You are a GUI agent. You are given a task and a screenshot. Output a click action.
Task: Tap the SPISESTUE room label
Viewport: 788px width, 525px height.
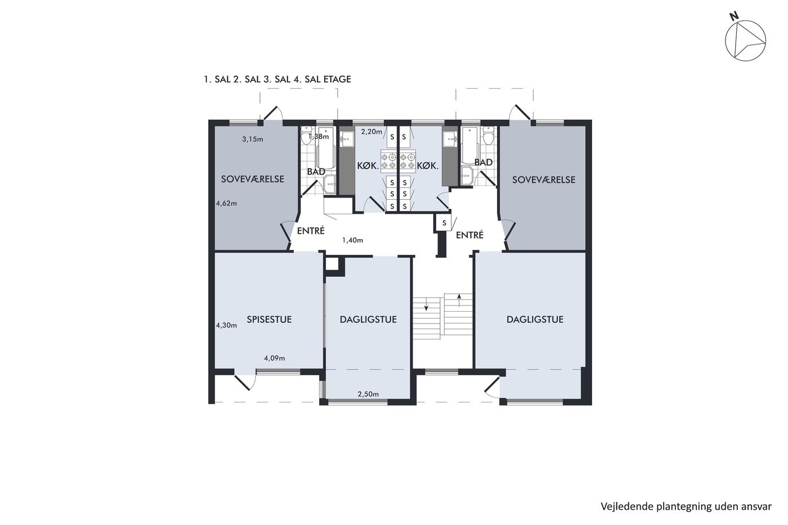pos(269,319)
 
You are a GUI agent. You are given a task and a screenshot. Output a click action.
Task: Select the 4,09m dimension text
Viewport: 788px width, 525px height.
pos(275,358)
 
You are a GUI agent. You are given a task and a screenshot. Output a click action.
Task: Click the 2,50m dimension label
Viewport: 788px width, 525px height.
pos(368,394)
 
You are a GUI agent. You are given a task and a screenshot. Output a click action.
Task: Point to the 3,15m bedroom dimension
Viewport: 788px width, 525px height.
pos(253,139)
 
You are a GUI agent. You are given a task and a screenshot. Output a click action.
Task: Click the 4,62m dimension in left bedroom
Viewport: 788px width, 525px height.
pos(226,203)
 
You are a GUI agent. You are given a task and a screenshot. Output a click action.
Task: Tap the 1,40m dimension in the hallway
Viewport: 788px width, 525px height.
pos(352,240)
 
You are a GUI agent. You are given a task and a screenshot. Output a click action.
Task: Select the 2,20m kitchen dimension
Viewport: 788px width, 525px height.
pos(371,132)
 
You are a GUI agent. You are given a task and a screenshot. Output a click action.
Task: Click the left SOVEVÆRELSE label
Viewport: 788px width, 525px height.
pos(253,179)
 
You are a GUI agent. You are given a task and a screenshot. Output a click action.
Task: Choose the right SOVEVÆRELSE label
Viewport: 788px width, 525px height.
pos(544,180)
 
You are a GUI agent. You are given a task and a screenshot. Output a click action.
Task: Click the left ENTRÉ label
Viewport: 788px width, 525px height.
pos(311,231)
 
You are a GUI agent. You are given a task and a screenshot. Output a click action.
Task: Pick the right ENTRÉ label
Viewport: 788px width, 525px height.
pos(469,235)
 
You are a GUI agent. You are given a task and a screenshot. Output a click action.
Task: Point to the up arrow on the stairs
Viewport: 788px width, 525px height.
pos(459,300)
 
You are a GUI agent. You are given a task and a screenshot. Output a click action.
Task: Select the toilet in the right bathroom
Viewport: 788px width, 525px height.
pos(488,136)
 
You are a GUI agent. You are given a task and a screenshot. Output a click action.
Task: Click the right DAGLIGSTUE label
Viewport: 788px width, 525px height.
pos(535,319)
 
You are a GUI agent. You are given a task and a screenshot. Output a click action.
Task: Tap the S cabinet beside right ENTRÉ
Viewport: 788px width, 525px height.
pos(444,223)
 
